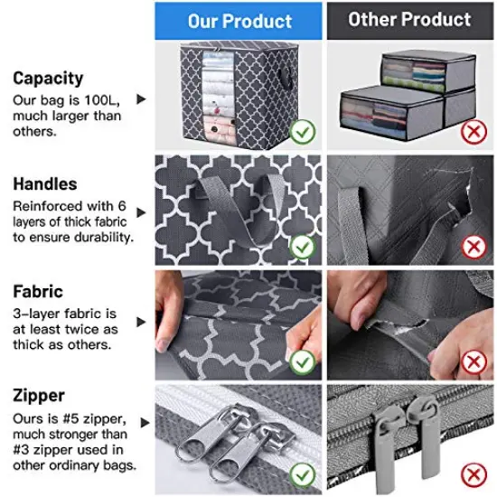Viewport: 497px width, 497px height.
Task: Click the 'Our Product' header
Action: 239,21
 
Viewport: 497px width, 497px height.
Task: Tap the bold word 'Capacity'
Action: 48,79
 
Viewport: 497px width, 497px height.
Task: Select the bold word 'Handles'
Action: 45,183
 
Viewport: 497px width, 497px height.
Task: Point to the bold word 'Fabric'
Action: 38,292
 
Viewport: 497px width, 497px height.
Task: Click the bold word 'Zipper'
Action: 39,396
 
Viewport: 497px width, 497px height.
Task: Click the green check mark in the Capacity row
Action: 303,134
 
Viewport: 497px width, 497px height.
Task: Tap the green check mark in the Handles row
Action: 303,246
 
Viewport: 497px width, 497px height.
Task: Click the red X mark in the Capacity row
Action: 471,134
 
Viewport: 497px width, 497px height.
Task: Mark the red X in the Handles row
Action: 471,246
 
